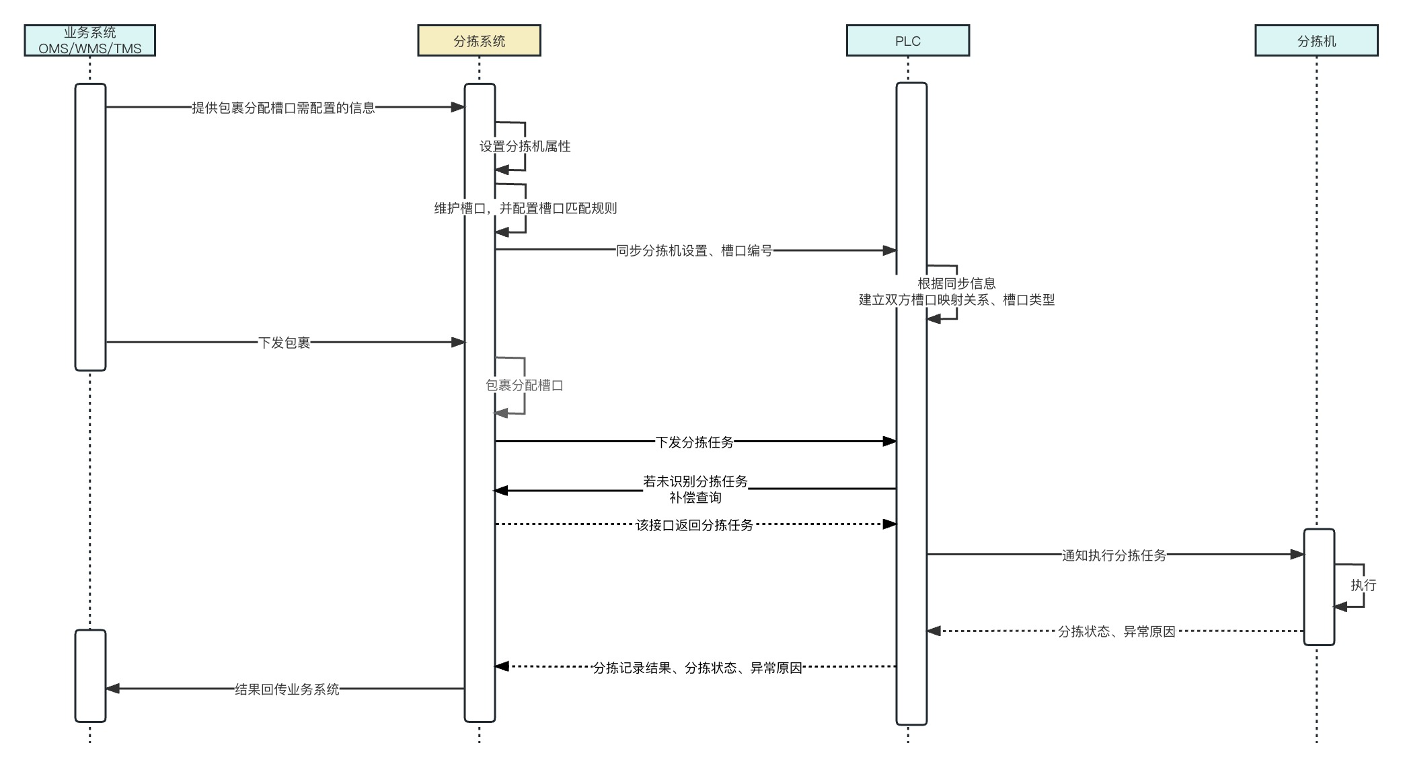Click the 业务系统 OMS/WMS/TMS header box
tap(89, 40)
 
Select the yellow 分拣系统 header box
tap(479, 40)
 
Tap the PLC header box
tap(907, 40)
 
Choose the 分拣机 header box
tap(1316, 40)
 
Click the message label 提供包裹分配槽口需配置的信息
tap(283, 108)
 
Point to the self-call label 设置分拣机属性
tap(525, 146)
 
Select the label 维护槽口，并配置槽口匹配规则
tap(525, 208)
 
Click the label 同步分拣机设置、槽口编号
tap(694, 250)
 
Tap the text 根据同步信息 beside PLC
tap(956, 283)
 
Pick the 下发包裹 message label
tap(284, 343)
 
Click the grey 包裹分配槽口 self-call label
tap(524, 385)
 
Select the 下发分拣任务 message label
tap(694, 442)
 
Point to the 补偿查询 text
tap(695, 497)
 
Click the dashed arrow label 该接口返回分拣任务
tap(694, 525)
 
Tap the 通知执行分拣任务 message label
tap(1114, 555)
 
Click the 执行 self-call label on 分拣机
tap(1363, 585)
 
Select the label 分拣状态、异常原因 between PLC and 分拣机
tap(1116, 631)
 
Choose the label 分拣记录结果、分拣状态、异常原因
tap(697, 668)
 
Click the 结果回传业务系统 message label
tap(287, 689)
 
